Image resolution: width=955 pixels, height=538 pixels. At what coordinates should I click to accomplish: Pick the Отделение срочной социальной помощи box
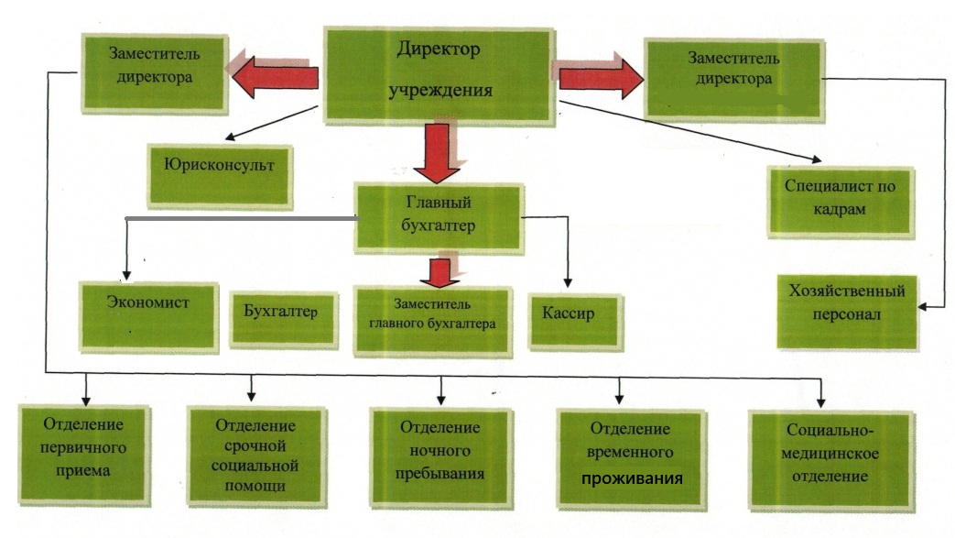255,454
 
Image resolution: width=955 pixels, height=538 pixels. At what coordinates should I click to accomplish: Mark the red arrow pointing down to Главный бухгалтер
439,153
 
